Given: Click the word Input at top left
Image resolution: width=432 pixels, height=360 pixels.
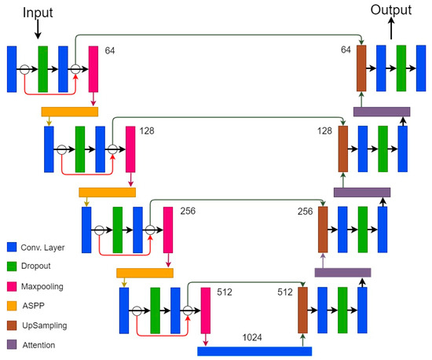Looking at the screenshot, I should pos(38,13).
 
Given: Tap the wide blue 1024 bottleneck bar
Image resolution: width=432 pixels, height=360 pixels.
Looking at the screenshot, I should pos(254,351).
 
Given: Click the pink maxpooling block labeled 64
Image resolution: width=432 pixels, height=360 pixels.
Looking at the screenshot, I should pos(93,69).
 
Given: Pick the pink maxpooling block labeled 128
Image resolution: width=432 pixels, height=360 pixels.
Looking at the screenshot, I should pos(130,148).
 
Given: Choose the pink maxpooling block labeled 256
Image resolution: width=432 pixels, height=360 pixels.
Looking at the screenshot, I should pos(168,230).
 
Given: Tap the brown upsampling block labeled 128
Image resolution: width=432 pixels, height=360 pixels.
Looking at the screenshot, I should pos(343,148).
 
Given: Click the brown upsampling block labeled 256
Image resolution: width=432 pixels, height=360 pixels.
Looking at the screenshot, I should pos(323,230).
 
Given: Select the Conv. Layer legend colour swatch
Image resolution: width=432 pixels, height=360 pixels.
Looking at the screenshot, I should pos(11,248).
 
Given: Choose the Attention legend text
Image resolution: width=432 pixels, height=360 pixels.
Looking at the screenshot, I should pos(44,344).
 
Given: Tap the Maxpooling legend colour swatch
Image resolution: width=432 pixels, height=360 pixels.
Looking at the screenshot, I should pos(11,287).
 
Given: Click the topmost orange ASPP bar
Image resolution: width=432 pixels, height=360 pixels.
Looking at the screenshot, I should pos(69,112).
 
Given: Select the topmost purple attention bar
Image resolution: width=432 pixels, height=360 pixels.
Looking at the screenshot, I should pos(381,112).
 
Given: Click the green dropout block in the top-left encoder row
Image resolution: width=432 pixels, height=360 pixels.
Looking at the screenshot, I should pos(43,69).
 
